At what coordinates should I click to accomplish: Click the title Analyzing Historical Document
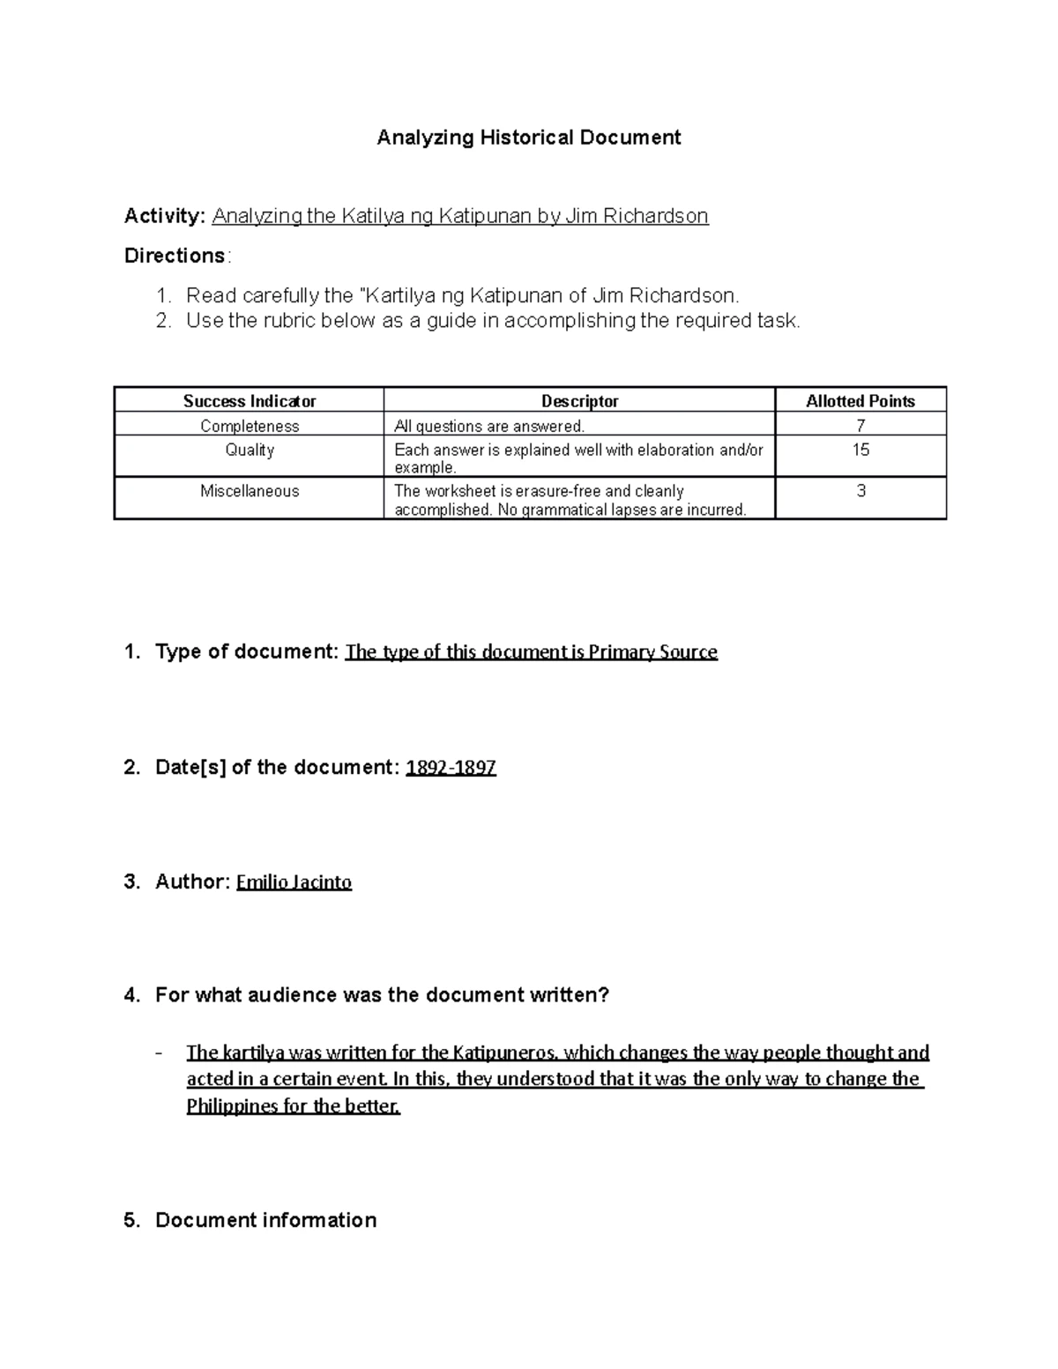pos(529,138)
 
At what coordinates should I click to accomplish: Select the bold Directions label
pos(175,256)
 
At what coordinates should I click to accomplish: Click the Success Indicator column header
pos(250,401)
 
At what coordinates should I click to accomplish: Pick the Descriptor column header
pos(579,401)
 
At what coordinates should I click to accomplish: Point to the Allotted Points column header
pos(861,401)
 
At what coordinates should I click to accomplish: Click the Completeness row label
pos(250,426)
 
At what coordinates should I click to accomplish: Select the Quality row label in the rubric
pos(250,450)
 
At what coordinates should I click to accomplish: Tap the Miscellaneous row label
pos(250,491)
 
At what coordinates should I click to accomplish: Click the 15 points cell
pos(861,450)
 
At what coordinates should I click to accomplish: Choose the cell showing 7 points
pos(861,426)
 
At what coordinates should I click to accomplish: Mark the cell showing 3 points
pos(861,491)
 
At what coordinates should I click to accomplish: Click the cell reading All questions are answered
pos(489,427)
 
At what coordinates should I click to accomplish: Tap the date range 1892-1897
pos(451,768)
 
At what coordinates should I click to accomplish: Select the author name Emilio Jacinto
pos(294,882)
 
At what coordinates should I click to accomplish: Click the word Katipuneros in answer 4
pos(504,1053)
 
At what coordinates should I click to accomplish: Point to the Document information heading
pos(265,1220)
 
